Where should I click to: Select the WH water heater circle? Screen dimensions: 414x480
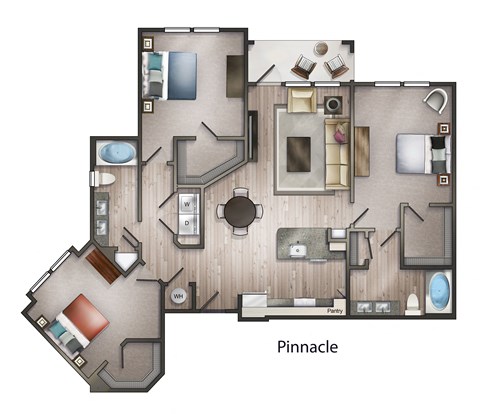pyautogui.click(x=179, y=296)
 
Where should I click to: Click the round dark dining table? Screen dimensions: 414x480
pyautogui.click(x=241, y=211)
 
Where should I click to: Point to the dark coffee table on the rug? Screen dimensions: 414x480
pyautogui.click(x=298, y=153)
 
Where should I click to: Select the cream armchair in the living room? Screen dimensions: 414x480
pyautogui.click(x=301, y=101)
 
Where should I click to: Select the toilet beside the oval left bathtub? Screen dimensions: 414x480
pyautogui.click(x=101, y=179)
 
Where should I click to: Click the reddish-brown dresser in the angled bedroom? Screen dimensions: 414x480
pyautogui.click(x=101, y=265)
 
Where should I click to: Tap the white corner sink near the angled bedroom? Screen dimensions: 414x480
pyautogui.click(x=125, y=262)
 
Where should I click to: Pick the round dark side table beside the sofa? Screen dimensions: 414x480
pyautogui.click(x=333, y=103)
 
